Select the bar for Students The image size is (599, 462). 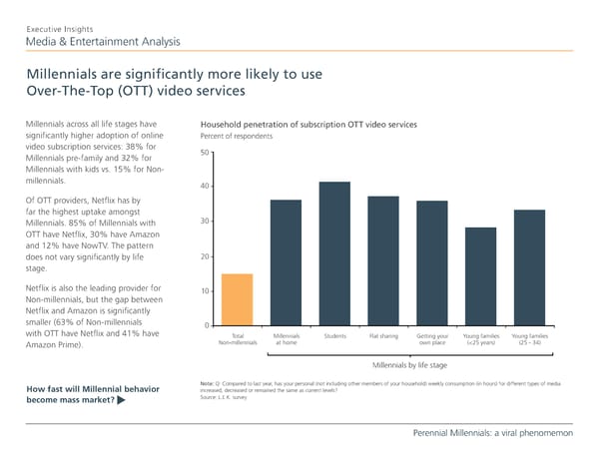click(x=334, y=253)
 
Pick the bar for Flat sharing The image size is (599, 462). click(x=383, y=260)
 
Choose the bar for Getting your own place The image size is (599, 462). click(x=432, y=263)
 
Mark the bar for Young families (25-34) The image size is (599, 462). click(x=529, y=267)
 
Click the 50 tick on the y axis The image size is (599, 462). click(x=204, y=152)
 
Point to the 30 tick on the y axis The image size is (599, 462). click(x=204, y=222)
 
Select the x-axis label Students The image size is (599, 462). click(x=335, y=336)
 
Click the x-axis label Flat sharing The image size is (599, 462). click(x=383, y=336)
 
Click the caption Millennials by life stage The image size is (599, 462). click(x=408, y=366)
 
